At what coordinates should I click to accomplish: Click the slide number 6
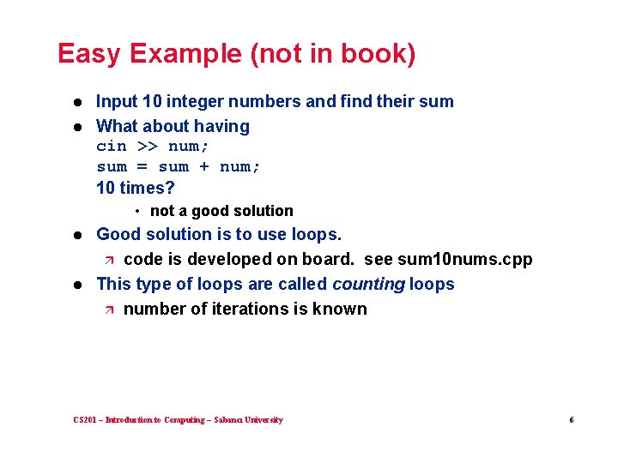pyautogui.click(x=571, y=420)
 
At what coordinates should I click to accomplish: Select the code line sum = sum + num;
pyautogui.click(x=179, y=166)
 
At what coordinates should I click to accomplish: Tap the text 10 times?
pyautogui.click(x=135, y=188)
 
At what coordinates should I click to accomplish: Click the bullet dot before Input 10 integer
pyautogui.click(x=77, y=102)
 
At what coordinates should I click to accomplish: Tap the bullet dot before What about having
pyautogui.click(x=77, y=127)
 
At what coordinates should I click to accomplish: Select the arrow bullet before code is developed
pyautogui.click(x=108, y=260)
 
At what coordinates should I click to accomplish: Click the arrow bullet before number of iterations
pyautogui.click(x=108, y=310)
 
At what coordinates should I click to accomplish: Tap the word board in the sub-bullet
pyautogui.click(x=326, y=259)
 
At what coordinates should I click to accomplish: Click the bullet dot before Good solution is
pyautogui.click(x=77, y=235)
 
